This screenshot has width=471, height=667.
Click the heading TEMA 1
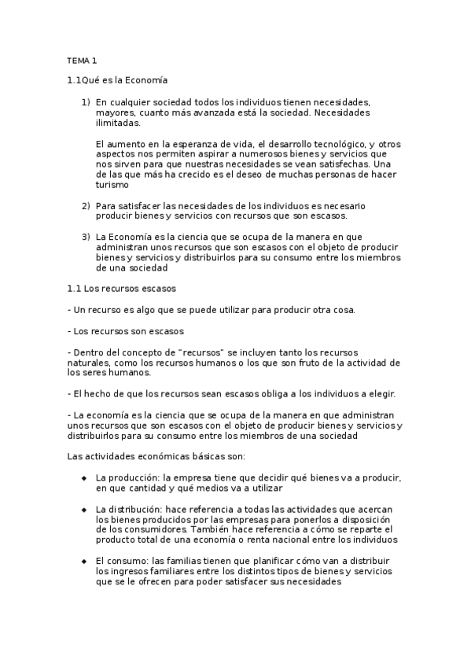coord(82,60)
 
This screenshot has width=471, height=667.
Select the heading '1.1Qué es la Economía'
coord(118,80)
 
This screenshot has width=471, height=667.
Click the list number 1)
coord(86,102)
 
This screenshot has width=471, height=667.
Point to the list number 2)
coord(86,206)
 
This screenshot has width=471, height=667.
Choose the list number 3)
coord(86,237)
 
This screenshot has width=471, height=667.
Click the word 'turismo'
coord(111,186)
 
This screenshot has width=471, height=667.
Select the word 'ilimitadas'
coord(118,123)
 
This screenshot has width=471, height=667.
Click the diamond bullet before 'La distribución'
coord(83,510)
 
